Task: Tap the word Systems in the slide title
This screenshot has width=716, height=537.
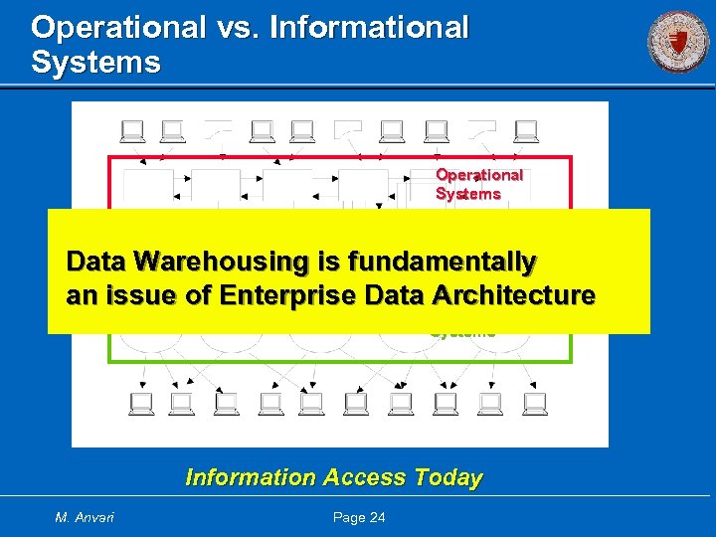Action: [x=95, y=63]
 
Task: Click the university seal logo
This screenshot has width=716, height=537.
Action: [x=678, y=43]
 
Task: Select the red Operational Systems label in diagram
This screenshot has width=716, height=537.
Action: [x=478, y=184]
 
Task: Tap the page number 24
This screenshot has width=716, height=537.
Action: [x=375, y=517]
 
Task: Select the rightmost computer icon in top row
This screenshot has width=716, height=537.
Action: [x=527, y=130]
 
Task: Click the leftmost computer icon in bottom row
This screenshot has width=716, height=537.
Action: [x=140, y=403]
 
